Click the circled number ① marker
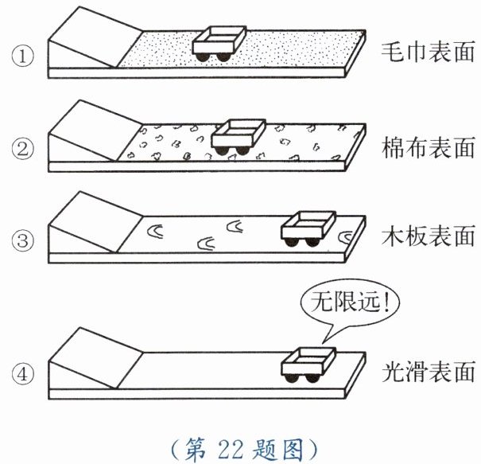21,58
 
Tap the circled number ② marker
21,148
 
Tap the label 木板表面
427,238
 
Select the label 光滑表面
427,371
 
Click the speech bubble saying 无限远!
350,304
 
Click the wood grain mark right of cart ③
347,236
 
